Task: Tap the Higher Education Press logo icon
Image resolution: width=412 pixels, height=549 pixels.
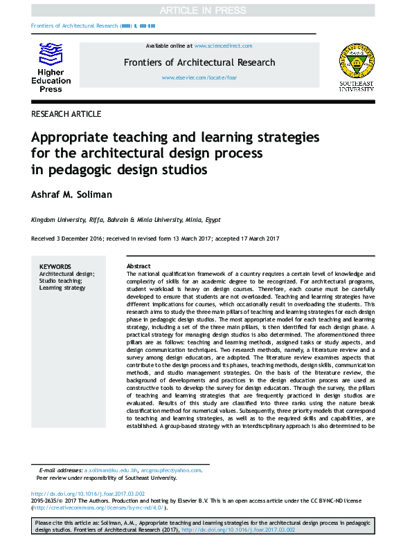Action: pos(51,55)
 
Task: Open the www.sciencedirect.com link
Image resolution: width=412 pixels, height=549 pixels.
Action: pos(223,46)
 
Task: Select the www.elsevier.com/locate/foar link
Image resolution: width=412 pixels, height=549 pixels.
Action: pos(199,78)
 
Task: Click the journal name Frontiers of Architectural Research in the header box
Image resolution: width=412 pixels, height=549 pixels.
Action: pos(199,62)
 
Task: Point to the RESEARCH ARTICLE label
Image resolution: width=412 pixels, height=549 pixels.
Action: pos(66,114)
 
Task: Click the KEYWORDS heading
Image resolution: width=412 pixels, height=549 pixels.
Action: pos(55,266)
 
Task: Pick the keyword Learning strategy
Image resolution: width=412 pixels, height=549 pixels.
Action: pos(62,288)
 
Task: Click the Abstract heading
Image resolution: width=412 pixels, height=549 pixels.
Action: pos(138,266)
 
